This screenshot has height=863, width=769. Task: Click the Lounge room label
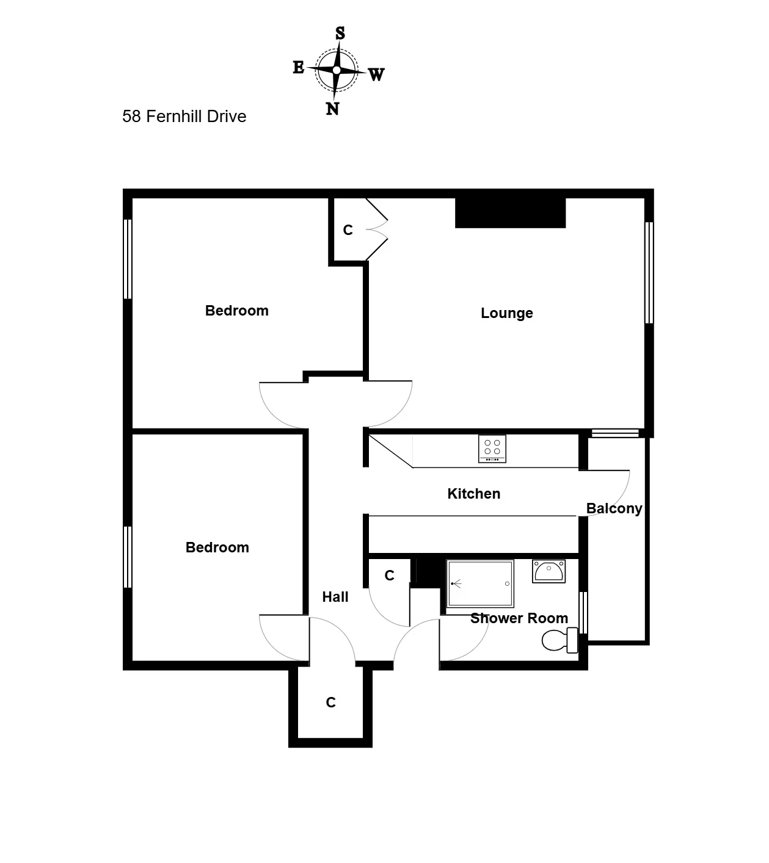pos(506,313)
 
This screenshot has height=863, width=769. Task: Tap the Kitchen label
pos(473,494)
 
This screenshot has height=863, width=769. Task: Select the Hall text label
pos(335,597)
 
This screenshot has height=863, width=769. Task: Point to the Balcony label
pos(614,508)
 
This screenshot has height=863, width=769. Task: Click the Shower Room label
pos(519,618)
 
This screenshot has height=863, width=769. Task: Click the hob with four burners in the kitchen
pos(492,449)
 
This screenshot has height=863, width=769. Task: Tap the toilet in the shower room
pos(559,640)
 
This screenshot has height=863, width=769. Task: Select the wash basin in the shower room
pos(549,571)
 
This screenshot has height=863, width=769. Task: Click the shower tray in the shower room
pos(480,583)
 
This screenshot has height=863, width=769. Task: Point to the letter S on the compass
pos(340,33)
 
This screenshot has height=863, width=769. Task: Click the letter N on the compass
pos(332,109)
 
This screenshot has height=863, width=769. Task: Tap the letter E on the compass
pos(299,67)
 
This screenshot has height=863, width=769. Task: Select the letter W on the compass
pos(376,74)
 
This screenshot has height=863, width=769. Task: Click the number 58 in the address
pos(131,117)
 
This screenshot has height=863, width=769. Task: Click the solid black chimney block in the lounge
pos(510,213)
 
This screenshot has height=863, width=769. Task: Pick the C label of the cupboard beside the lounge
pos(348,230)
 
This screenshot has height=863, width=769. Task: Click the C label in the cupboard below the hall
pos(331,702)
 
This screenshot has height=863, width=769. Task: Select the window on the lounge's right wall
pos(649,273)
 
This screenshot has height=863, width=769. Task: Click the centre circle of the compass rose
pos(337,70)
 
